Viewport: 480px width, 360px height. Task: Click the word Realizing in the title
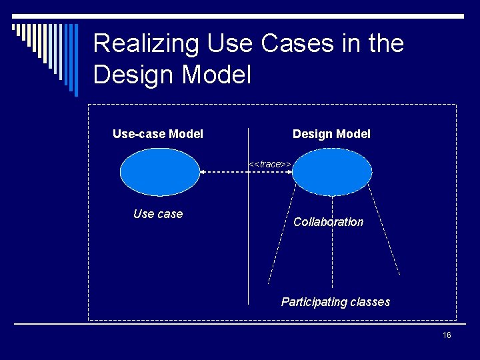[146, 44]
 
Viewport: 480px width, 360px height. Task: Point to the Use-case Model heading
[158, 134]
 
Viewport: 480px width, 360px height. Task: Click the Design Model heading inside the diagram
[331, 134]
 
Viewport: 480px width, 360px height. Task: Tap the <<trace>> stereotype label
[269, 164]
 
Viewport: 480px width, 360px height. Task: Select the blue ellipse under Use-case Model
[159, 172]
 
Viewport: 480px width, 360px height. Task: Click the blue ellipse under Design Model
[332, 172]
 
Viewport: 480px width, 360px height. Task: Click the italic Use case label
[158, 214]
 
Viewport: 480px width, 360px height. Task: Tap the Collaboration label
[329, 222]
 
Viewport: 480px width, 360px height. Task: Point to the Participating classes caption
[335, 302]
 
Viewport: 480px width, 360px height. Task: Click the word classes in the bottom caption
[369, 302]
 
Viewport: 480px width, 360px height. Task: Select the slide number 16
[447, 335]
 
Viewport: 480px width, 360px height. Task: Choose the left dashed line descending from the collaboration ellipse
[280, 233]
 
